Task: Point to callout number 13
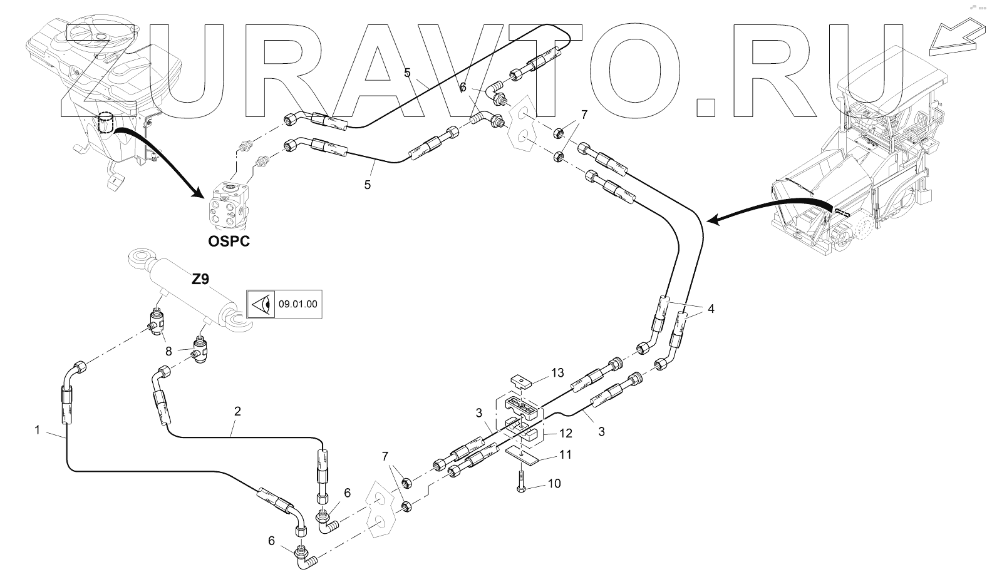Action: click(557, 373)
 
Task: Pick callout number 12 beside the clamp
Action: click(566, 433)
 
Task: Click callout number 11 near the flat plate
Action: click(565, 456)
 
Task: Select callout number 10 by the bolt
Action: click(554, 484)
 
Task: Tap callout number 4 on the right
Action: click(711, 309)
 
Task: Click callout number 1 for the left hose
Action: click(38, 430)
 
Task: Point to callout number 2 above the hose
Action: click(237, 411)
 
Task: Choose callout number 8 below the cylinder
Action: click(168, 351)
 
